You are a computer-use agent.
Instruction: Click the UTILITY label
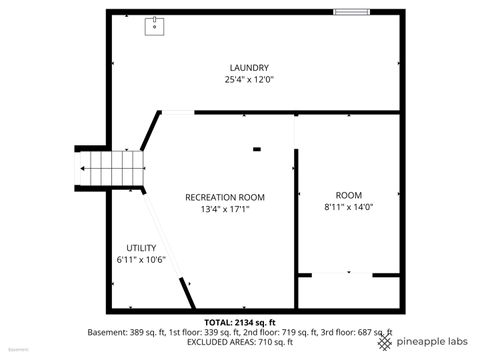[x=140, y=247]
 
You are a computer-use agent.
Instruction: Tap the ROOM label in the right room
[x=348, y=194]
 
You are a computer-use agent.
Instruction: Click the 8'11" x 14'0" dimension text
[x=348, y=206]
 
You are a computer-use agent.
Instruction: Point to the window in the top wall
[x=350, y=12]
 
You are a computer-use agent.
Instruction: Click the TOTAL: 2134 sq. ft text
[x=238, y=322]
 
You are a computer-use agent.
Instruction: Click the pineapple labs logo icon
[x=385, y=341]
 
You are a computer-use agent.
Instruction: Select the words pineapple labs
[x=432, y=342]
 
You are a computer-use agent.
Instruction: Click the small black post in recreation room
[x=257, y=150]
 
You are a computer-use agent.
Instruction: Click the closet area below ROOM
[x=348, y=292]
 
